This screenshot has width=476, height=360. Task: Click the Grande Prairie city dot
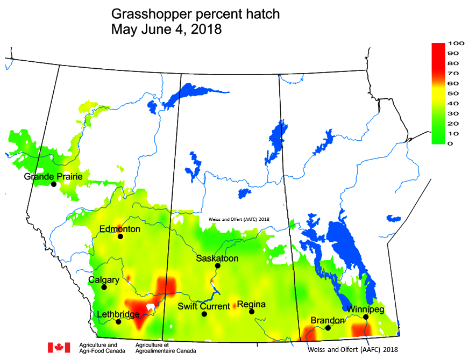(x=53, y=184)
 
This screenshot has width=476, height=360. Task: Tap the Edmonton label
(x=120, y=229)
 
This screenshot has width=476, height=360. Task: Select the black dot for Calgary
(x=104, y=287)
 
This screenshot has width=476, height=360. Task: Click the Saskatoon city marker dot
(x=218, y=265)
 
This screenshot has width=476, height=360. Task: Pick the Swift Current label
(x=204, y=306)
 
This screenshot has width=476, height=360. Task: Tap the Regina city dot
(x=251, y=312)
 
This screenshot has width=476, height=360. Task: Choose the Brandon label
(x=327, y=321)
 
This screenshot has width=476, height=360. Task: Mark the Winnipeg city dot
(x=366, y=317)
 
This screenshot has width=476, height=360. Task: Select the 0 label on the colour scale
(x=449, y=143)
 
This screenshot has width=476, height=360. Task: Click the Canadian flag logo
(x=59, y=348)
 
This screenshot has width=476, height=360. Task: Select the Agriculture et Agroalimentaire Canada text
(x=166, y=347)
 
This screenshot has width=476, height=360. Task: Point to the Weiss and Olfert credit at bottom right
(x=353, y=350)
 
